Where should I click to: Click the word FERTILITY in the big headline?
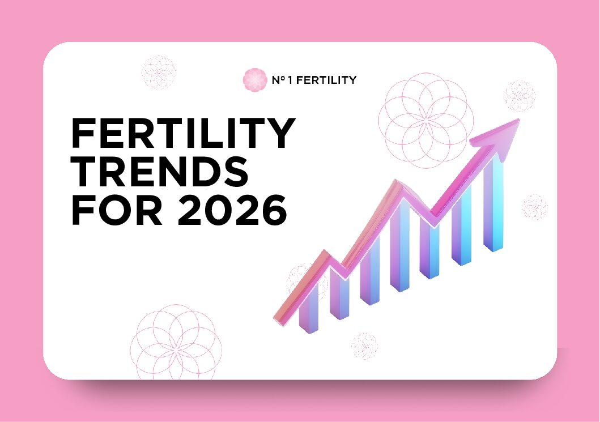[182, 135]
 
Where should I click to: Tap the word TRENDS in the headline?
[159, 172]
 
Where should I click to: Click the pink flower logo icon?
[254, 80]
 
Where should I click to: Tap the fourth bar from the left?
[400, 249]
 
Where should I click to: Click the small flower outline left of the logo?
[158, 72]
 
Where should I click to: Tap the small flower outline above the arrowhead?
[519, 96]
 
